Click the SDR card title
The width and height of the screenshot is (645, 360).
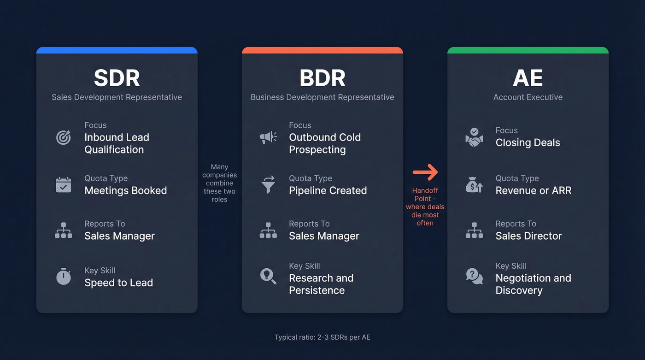[x=117, y=78]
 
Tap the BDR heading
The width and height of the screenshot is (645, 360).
[x=322, y=78]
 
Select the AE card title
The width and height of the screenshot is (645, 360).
[x=528, y=78]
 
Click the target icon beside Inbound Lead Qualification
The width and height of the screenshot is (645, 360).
[x=64, y=137]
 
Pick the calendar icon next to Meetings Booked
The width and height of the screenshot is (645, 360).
[x=64, y=185]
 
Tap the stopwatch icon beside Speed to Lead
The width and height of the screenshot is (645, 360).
[x=64, y=277]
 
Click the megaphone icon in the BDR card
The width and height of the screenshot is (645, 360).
[x=268, y=137]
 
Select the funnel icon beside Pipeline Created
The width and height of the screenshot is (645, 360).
[x=268, y=185]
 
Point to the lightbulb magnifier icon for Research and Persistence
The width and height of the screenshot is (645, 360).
[x=268, y=276]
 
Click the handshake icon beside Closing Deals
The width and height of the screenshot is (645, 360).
[x=474, y=137]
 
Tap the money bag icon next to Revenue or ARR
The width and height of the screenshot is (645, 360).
[x=474, y=185]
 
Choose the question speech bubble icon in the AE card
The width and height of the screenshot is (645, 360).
[x=474, y=276]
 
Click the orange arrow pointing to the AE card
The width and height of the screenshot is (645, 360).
[x=425, y=172]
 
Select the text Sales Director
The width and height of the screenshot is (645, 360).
[x=528, y=236]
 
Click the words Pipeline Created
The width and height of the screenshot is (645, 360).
[x=328, y=190]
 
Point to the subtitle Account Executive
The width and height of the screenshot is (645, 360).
[x=528, y=97]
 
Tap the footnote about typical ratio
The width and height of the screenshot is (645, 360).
[x=322, y=337]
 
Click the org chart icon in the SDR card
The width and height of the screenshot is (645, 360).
[x=64, y=230]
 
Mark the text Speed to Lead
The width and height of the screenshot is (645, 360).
[x=118, y=283]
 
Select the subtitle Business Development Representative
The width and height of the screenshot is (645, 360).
[x=322, y=97]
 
